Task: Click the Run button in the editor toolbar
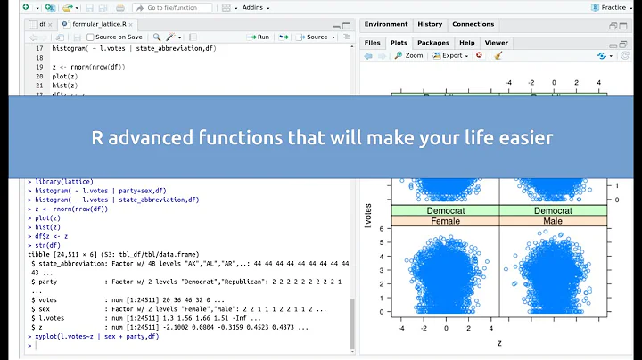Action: tap(259, 37)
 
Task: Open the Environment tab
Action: tap(386, 24)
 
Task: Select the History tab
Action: tap(430, 24)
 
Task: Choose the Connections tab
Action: tap(473, 24)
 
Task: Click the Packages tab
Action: tap(432, 42)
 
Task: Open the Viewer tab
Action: tap(496, 42)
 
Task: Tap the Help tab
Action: tap(466, 42)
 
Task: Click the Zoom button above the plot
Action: tap(408, 55)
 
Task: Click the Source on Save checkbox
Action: tap(90, 37)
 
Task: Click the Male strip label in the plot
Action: tap(553, 220)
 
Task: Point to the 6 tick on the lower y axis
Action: tap(382, 229)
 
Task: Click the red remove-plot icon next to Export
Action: tap(479, 55)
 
